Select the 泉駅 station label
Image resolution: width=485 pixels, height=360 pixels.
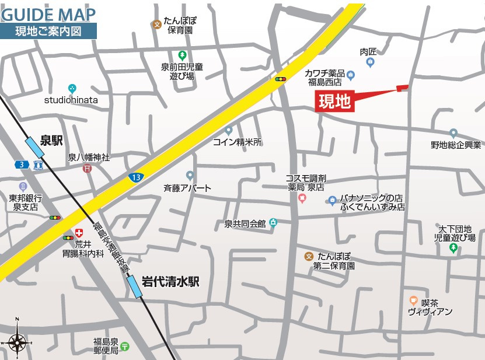[51, 140]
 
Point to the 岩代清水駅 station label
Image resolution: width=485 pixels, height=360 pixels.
[170, 281]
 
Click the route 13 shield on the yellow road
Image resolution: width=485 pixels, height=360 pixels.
[135, 176]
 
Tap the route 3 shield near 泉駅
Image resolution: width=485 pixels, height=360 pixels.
[22, 165]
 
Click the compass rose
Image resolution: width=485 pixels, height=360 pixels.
[16, 339]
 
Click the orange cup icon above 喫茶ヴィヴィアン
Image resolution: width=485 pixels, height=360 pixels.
[413, 302]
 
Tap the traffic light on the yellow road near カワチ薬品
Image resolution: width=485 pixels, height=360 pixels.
[281, 79]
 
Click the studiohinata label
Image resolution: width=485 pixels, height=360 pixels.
[71, 100]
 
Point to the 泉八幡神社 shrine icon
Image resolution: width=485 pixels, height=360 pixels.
[87, 169]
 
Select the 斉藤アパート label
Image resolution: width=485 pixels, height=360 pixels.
[187, 188]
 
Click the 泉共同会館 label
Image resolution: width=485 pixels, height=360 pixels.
[245, 223]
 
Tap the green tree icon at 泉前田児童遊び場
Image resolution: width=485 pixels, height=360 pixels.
[182, 55]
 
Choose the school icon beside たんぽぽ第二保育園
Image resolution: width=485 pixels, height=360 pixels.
[309, 256]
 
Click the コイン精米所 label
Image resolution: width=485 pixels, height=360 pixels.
[237, 142]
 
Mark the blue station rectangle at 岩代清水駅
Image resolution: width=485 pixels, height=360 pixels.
[135, 286]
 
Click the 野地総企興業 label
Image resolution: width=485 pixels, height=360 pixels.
[456, 145]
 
